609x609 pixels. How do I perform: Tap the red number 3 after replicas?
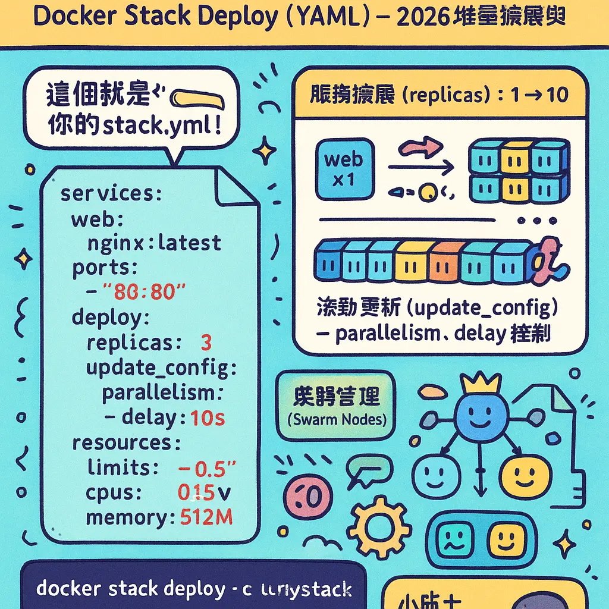(206, 343)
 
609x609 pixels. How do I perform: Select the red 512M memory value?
(206, 517)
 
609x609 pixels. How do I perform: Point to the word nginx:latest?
(154, 243)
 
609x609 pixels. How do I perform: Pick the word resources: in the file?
(126, 443)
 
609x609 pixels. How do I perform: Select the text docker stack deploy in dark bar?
(128, 589)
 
